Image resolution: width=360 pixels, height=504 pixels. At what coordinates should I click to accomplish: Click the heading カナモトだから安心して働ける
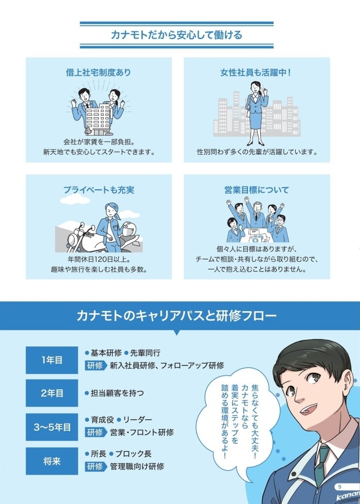coord(176,35)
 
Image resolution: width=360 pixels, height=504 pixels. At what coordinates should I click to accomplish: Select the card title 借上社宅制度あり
coord(99,73)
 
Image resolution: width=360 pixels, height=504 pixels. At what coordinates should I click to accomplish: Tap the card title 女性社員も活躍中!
coord(256,73)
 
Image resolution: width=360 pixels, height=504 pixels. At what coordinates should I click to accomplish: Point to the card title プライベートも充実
coord(99,190)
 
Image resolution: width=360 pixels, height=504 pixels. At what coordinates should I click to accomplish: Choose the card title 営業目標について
coord(257,190)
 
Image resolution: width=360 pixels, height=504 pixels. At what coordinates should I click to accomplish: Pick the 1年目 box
coord(52,360)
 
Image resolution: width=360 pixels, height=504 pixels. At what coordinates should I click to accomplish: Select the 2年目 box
coord(52,393)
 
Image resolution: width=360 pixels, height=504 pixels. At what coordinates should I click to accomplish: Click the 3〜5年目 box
coord(52,427)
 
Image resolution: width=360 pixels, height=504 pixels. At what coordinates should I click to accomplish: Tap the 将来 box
coord(52,461)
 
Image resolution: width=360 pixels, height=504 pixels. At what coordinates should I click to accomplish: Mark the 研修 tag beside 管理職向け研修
coord(96,466)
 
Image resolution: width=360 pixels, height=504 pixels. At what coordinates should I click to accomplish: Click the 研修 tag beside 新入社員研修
coord(96,366)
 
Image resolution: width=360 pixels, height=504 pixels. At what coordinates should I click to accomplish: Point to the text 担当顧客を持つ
coord(117,393)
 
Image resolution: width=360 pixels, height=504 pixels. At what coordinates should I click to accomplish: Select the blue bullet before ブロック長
coord(111,454)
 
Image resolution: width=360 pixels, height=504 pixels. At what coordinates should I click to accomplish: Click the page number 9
coord(340,487)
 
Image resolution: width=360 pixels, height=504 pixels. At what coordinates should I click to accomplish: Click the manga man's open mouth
coord(310,410)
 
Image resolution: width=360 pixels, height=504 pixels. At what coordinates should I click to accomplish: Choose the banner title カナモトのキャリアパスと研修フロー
coord(176,316)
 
